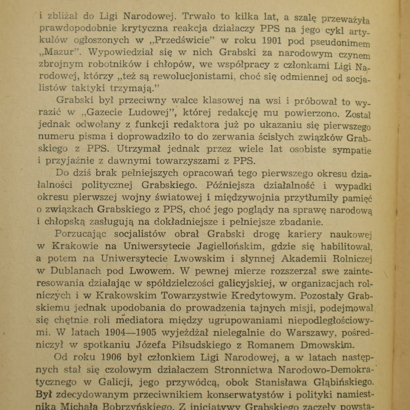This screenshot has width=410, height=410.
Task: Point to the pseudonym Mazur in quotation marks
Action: pos(57,53)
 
